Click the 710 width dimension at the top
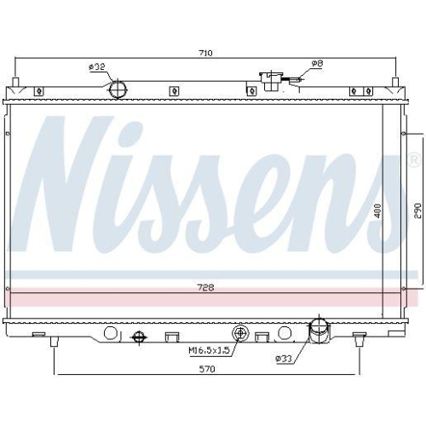pos(205,53)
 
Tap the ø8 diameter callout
pos(316,63)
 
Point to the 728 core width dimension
pos(205,288)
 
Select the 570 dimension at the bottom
pos(205,368)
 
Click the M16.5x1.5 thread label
pos(208,349)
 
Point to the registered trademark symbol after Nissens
pos(412,159)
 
